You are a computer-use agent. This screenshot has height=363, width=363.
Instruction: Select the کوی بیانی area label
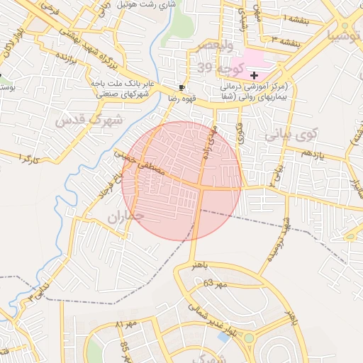291,133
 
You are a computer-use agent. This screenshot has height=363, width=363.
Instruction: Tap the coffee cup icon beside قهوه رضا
182,88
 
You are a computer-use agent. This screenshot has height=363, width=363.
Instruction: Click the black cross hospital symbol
254,75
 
